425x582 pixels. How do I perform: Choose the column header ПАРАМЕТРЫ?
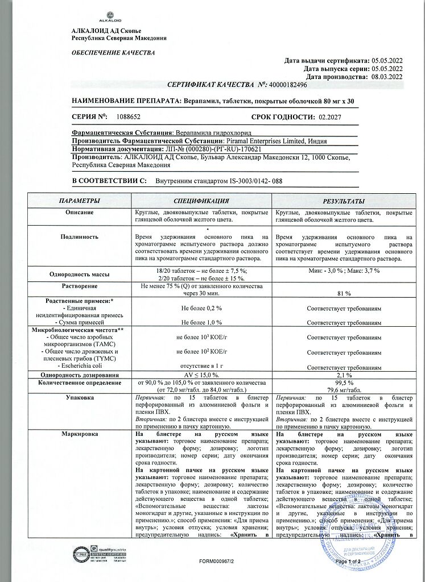coord(80,201)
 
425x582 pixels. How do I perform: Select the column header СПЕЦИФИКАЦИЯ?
coord(201,201)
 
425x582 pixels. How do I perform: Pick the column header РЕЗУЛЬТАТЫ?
coord(344,201)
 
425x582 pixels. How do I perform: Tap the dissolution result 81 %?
coord(344,293)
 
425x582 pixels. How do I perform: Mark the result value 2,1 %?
coord(344,376)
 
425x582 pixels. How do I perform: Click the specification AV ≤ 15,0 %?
coord(201,376)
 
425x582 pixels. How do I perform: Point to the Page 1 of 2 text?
coord(349,562)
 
